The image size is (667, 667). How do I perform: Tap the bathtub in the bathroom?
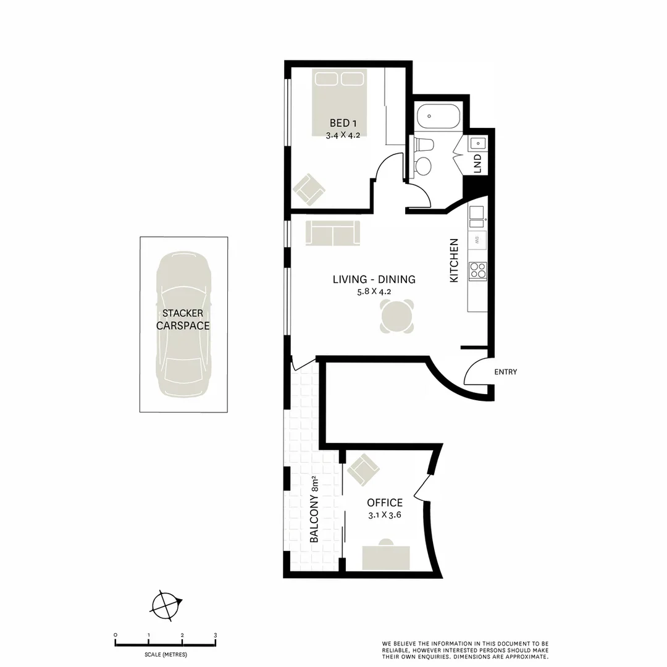[x=438, y=117]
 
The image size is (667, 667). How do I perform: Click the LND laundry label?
[x=477, y=162]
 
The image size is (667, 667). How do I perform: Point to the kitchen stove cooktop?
[x=477, y=271]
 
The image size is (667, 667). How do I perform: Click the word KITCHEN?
[x=454, y=261]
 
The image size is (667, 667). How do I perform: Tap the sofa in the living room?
[x=332, y=233]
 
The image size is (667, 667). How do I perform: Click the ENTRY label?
[x=505, y=372]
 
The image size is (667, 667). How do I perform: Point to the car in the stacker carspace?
[x=183, y=325]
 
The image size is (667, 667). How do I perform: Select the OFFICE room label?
[x=384, y=503]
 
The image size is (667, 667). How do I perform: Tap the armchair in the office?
[x=363, y=470]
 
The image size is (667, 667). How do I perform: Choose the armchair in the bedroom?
[x=309, y=190]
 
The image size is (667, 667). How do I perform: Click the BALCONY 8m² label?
[x=314, y=510]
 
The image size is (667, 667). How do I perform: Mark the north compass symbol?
[x=166, y=605]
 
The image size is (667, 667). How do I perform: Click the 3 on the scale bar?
[x=215, y=635]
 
